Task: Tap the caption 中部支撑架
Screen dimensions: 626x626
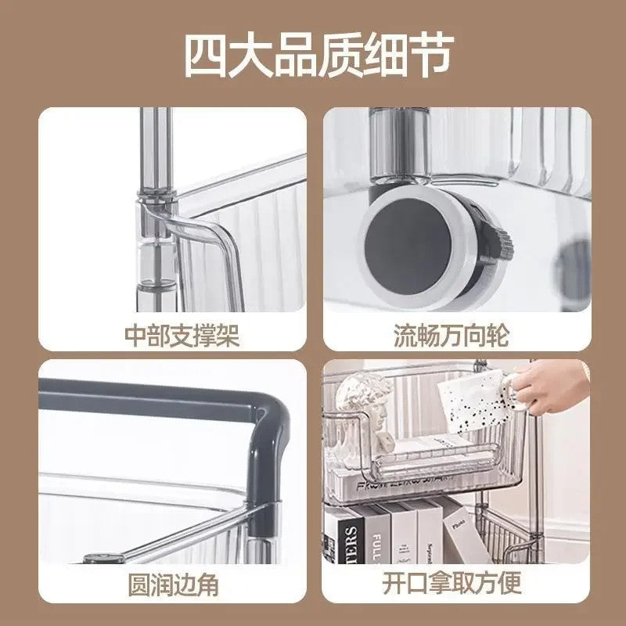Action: [x=182, y=336]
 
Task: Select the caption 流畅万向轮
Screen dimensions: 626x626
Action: [x=451, y=336]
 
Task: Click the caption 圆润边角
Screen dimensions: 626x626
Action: [x=174, y=584]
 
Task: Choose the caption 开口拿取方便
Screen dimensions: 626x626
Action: [x=452, y=584]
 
